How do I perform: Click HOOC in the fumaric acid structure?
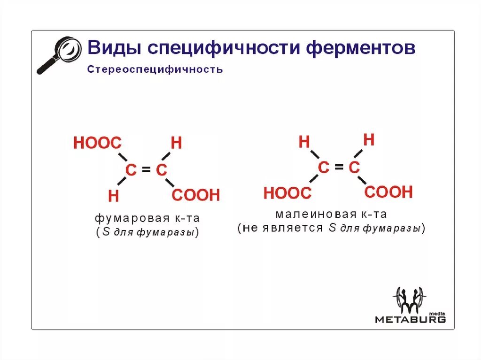[x=97, y=143]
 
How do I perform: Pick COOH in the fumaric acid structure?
[x=196, y=195]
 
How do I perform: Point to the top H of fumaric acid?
[x=176, y=143]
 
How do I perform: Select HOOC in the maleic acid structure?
[x=287, y=193]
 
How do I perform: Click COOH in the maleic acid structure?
[x=388, y=192]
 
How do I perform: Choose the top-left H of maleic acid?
[x=304, y=142]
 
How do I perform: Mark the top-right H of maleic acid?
[x=369, y=140]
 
